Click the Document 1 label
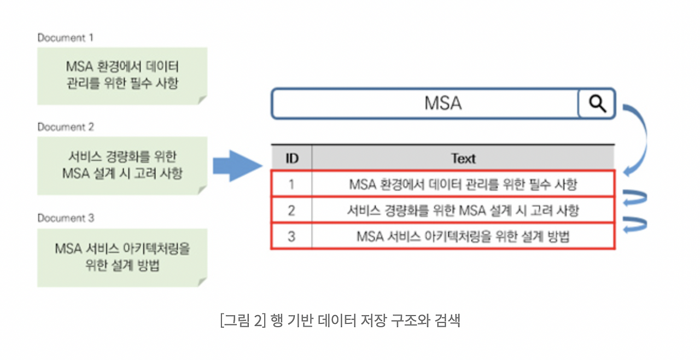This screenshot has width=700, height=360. pos(65,38)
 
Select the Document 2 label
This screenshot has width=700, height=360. pos(66,127)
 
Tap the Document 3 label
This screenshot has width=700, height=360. pos(66,218)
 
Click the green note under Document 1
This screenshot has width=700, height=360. pos(122,76)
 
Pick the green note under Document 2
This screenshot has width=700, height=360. pos(122,165)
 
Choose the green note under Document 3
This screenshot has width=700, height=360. pos(122,257)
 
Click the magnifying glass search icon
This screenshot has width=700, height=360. pos(597,103)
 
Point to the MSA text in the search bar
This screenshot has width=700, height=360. pos(443,103)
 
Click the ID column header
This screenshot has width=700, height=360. pos(292,159)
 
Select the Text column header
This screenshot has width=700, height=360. pos(463,159)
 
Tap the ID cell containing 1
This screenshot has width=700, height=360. pos(291,184)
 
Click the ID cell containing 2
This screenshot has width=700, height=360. pos(291,210)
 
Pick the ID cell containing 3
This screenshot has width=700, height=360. pos(291,236)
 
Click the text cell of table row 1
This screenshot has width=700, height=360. pos(463,184)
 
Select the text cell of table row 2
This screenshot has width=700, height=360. pos(463,210)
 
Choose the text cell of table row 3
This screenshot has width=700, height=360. pos(463,236)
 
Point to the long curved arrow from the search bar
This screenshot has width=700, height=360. pos(639,137)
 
